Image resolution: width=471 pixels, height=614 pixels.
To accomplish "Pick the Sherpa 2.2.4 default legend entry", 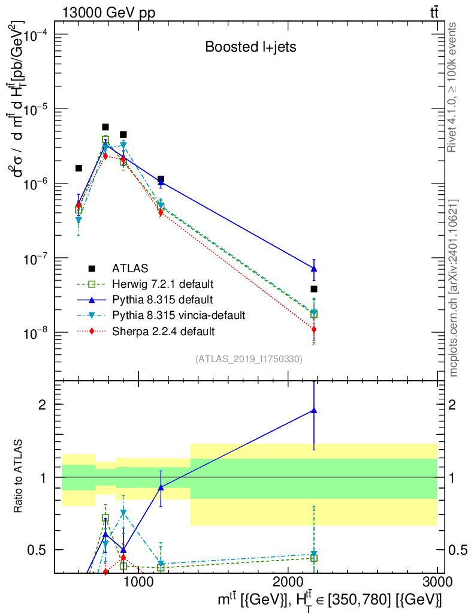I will tap(164, 330).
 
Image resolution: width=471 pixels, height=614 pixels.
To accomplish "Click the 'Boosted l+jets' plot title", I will tap(250, 47).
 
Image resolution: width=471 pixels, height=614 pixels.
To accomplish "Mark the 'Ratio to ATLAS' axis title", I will tap(19, 477).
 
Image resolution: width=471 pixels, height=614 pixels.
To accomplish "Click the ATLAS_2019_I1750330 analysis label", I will tap(249, 359).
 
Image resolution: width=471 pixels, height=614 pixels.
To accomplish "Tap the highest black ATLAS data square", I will tap(105, 127).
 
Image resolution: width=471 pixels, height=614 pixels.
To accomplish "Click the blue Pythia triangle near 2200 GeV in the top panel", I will tap(313, 269).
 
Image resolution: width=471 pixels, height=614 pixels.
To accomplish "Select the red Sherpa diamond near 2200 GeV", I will tap(313, 329).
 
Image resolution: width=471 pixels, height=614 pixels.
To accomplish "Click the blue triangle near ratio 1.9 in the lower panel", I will tap(313, 411).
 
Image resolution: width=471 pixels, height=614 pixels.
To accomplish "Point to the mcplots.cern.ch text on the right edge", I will tap(454, 288).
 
